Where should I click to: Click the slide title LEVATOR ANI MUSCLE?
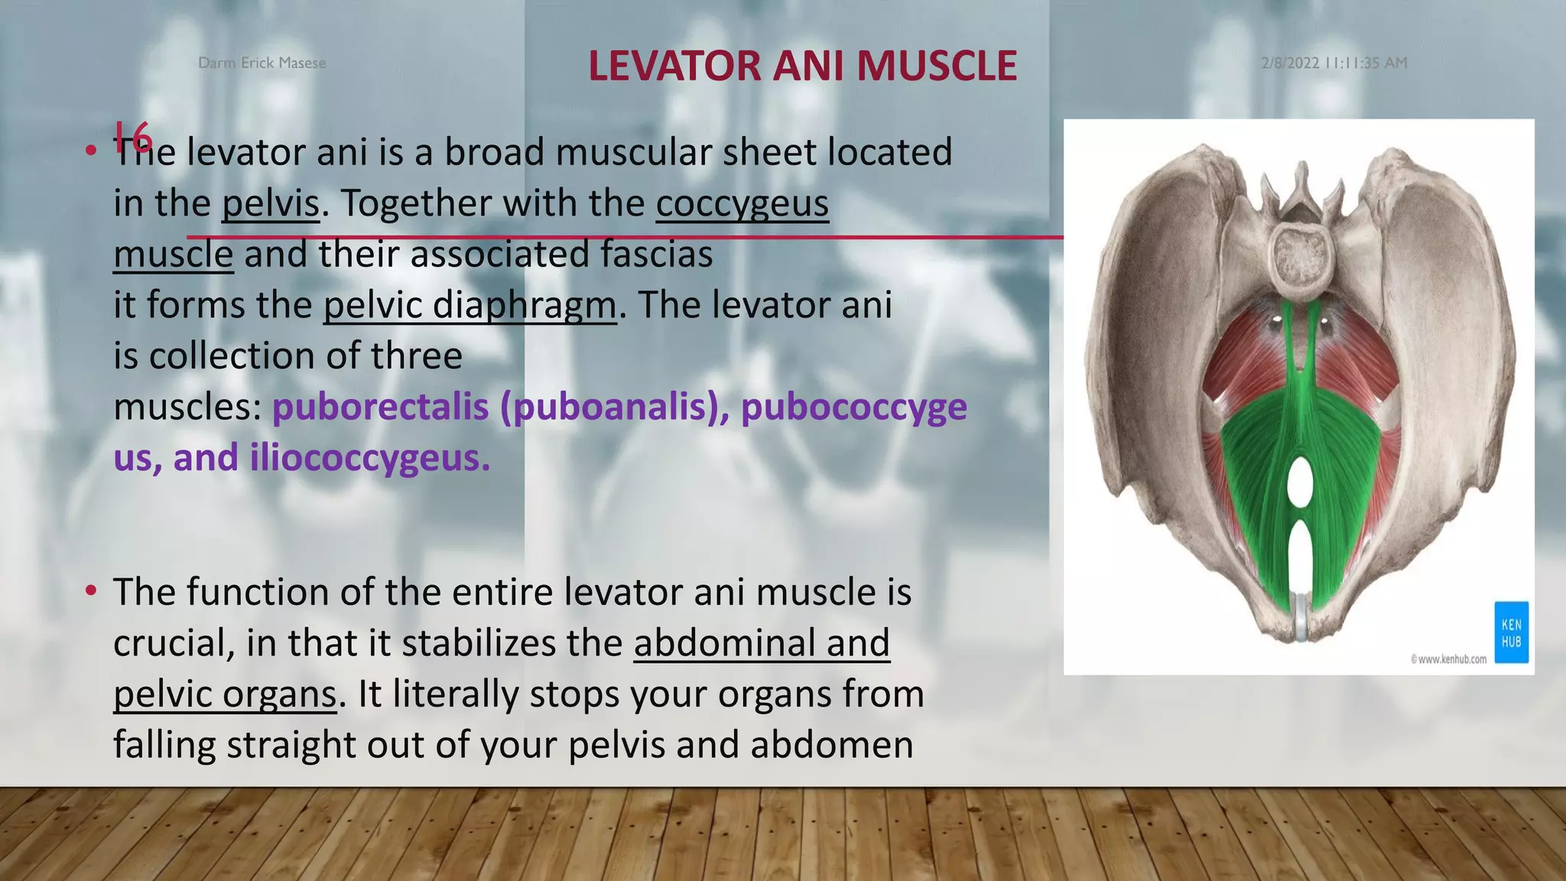(x=802, y=66)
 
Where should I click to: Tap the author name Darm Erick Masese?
(x=262, y=63)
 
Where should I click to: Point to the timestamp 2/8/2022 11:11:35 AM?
(x=1334, y=63)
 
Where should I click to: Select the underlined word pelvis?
(x=271, y=203)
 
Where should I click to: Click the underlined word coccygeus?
(x=742, y=203)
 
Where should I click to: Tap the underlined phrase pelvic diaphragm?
(x=469, y=305)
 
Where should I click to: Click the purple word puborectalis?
(x=380, y=407)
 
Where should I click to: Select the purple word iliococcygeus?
(x=369, y=458)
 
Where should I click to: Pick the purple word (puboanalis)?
(x=614, y=407)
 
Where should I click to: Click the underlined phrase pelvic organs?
(x=225, y=694)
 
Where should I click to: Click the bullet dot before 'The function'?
(x=91, y=590)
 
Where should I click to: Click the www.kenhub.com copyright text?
(x=1448, y=658)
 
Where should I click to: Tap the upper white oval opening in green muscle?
(x=1299, y=480)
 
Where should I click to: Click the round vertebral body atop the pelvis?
(x=1301, y=259)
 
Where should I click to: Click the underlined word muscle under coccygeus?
(x=173, y=255)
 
